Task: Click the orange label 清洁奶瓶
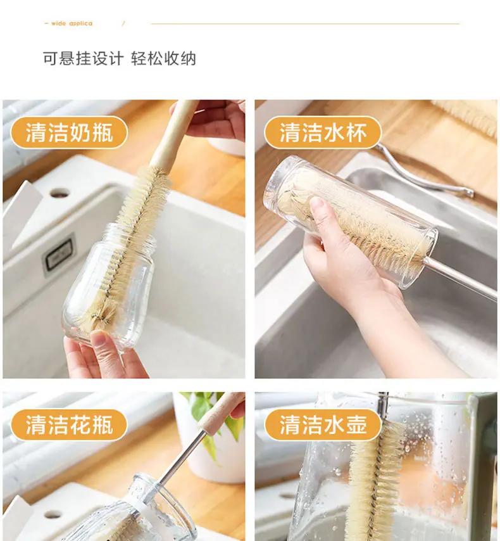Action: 70,132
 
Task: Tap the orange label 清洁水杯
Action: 323,132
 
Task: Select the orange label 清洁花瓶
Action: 70,424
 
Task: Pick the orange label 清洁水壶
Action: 323,424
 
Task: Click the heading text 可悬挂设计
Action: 83,58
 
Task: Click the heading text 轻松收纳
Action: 163,58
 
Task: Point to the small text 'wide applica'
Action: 72,23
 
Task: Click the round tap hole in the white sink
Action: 59,193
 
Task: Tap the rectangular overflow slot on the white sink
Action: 58,254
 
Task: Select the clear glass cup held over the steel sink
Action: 350,222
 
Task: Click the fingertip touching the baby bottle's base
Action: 99,338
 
